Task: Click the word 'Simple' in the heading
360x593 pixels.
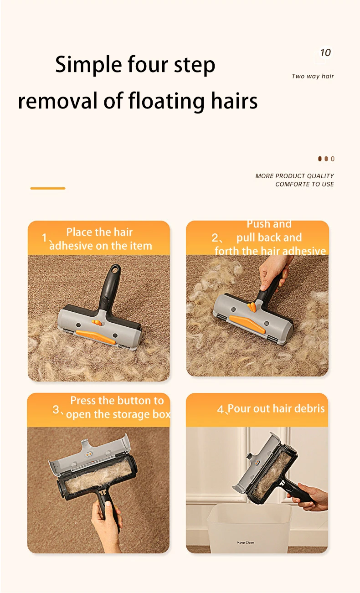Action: pyautogui.click(x=89, y=65)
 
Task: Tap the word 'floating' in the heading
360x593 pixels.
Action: pyautogui.click(x=166, y=101)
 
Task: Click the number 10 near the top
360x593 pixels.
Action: pyautogui.click(x=325, y=52)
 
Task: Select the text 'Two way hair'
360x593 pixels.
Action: pyautogui.click(x=313, y=76)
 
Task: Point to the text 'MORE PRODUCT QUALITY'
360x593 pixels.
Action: pyautogui.click(x=295, y=176)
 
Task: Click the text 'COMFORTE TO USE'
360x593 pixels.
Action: pyautogui.click(x=305, y=184)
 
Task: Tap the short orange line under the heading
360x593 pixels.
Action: pyautogui.click(x=48, y=188)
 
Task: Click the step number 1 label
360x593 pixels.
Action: pyautogui.click(x=45, y=237)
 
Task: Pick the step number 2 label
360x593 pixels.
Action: pyautogui.click(x=215, y=238)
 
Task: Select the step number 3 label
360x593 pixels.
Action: pyautogui.click(x=56, y=410)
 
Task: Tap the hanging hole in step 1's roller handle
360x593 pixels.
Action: pyautogui.click(x=115, y=270)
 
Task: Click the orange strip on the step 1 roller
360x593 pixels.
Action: pyautogui.click(x=96, y=336)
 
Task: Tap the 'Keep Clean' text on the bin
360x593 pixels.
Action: pyautogui.click(x=246, y=542)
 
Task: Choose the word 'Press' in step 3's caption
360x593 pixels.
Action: pyautogui.click(x=83, y=401)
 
